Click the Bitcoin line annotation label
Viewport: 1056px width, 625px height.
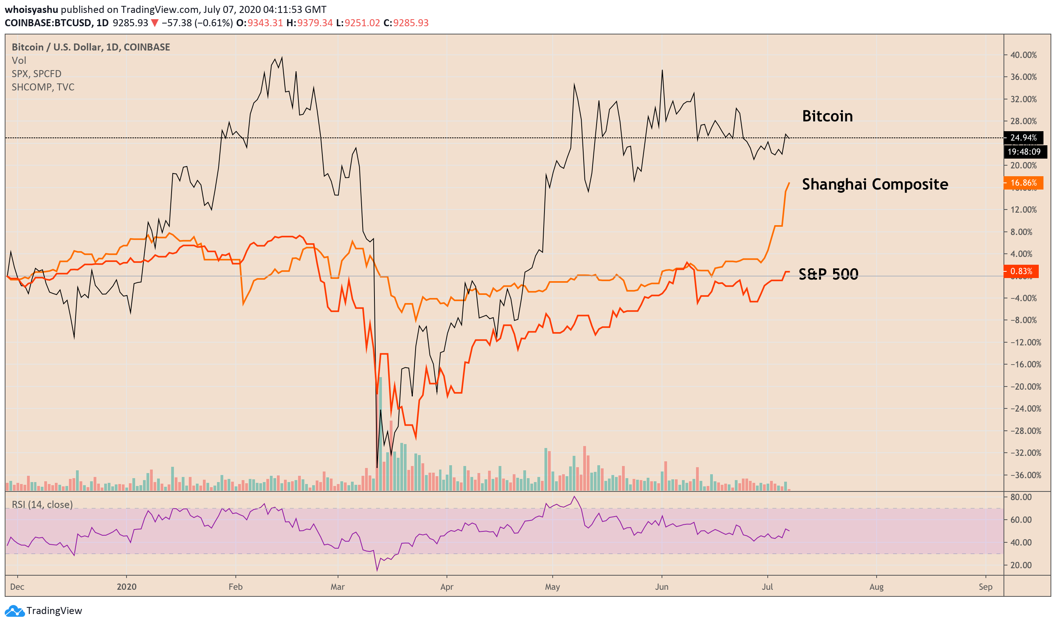pos(827,116)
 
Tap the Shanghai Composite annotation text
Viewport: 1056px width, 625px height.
pos(875,184)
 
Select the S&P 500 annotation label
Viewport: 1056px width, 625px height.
pos(828,274)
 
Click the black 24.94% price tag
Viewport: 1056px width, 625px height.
pos(1023,138)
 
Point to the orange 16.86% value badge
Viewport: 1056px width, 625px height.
pos(1023,183)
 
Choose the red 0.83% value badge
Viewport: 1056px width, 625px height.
pos(1021,271)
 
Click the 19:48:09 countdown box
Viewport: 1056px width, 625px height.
pos(1024,152)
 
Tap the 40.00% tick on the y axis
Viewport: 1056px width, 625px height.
pos(1023,55)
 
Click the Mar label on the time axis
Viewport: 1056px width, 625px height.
pos(337,587)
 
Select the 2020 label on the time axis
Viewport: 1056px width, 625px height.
pos(127,587)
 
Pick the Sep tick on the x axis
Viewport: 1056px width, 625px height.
pos(985,587)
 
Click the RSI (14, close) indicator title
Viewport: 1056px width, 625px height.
pos(42,504)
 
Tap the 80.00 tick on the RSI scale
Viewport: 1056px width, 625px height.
pos(1021,497)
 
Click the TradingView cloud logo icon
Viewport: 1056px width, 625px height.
pos(14,611)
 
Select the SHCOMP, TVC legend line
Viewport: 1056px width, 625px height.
pos(43,87)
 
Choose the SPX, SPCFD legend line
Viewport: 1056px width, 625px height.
pos(37,74)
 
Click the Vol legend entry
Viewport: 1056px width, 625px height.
pos(19,61)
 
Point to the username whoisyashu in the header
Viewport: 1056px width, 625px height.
pos(31,9)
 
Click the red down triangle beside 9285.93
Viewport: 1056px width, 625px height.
pos(155,23)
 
